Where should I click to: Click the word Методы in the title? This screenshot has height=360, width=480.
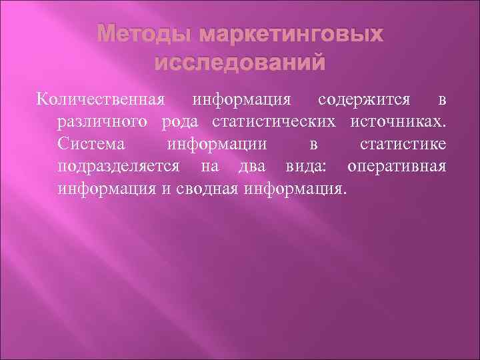click(138, 34)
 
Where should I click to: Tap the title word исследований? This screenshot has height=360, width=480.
click(241, 63)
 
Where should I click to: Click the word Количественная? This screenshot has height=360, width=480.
click(101, 101)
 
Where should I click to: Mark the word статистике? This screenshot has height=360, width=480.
click(403, 144)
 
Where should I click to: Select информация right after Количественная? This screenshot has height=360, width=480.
click(241, 101)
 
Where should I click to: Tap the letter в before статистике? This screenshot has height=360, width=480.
click(313, 144)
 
